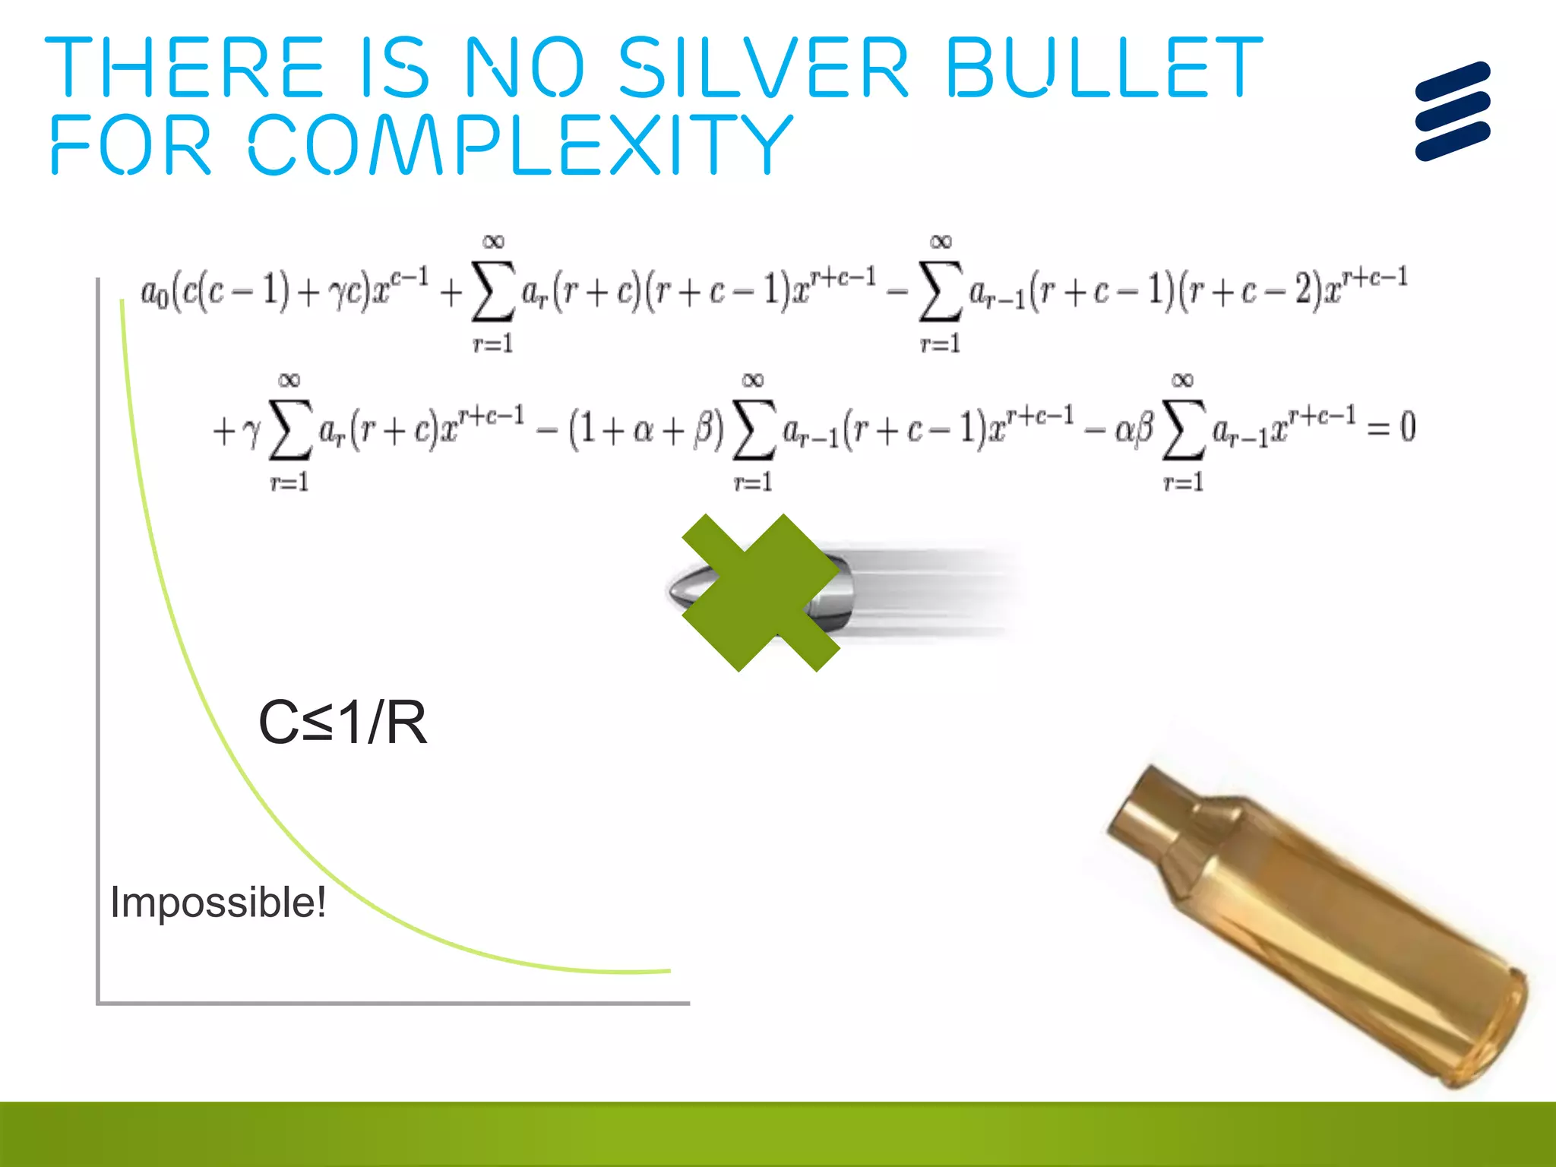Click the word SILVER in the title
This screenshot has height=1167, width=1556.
pos(763,68)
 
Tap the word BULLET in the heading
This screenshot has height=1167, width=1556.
pos(1103,68)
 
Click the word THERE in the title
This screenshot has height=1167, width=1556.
pos(185,68)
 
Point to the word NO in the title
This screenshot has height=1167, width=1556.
pos(524,68)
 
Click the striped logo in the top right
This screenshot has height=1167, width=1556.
pos(1453,111)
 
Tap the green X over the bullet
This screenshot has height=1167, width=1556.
pos(761,593)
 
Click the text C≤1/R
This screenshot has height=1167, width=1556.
pos(343,723)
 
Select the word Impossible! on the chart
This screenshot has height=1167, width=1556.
pos(218,903)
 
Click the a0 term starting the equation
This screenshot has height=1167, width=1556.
pos(155,292)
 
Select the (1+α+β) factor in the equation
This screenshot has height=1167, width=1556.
pos(646,429)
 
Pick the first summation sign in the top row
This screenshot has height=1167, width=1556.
pos(492,292)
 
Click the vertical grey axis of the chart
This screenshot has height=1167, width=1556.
pos(99,638)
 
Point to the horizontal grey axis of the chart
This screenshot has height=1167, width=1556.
pos(395,1004)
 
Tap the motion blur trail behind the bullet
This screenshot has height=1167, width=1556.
pos(935,593)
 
